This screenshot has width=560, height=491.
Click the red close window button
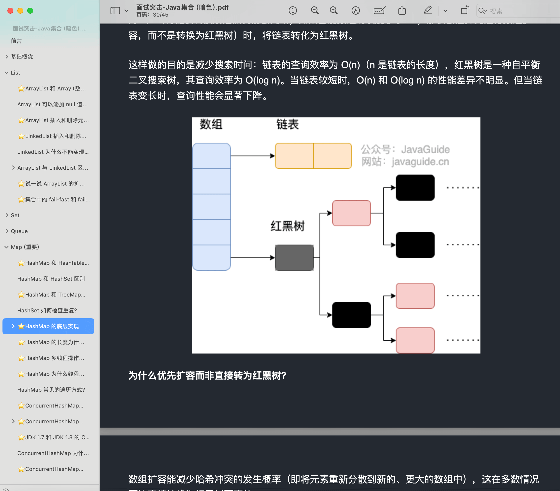click(10, 11)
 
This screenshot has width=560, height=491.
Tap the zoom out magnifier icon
click(315, 11)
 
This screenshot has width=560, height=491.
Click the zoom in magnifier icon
click(334, 11)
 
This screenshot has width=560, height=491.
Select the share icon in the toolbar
click(402, 10)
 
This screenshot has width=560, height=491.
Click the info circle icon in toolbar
click(293, 11)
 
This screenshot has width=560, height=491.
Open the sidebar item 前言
click(16, 41)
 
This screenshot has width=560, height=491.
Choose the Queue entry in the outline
click(19, 231)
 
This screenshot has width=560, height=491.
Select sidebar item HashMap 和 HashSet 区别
click(51, 279)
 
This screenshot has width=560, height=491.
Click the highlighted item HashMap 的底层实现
click(52, 326)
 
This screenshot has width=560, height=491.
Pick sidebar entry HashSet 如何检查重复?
click(47, 310)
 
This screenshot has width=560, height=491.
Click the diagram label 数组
click(211, 124)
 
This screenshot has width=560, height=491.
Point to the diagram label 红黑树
click(287, 226)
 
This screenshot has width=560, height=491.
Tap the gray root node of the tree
click(294, 258)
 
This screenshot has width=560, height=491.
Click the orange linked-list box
click(313, 156)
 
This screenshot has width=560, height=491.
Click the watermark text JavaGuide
click(425, 150)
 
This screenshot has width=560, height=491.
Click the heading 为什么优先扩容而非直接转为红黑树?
click(207, 376)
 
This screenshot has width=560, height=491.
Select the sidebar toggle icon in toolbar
click(115, 11)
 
